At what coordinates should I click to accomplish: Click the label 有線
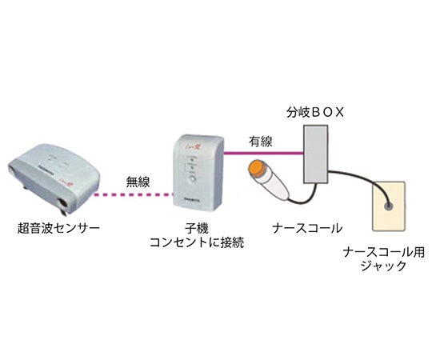pyautogui.click(x=259, y=139)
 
